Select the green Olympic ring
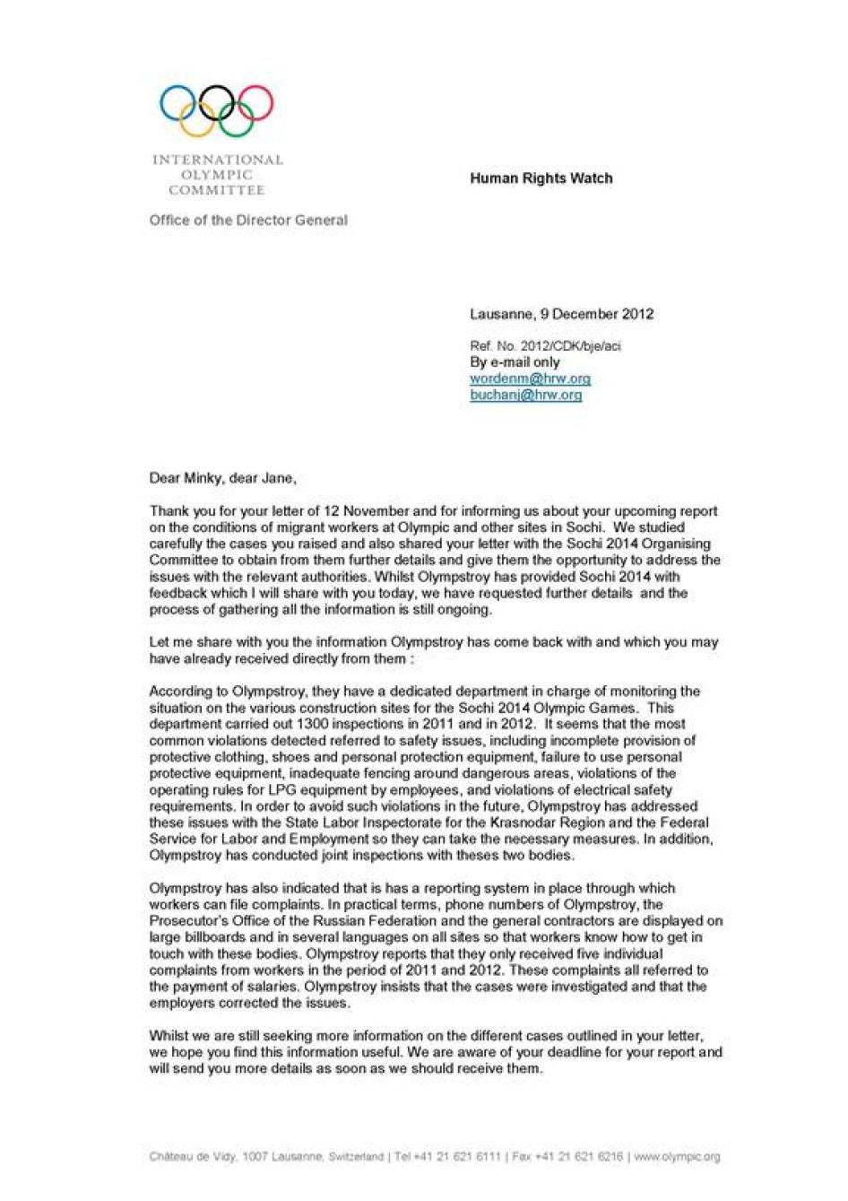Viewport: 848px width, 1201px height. pyautogui.click(x=236, y=120)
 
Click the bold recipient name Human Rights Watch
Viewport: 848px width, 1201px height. pyautogui.click(x=541, y=178)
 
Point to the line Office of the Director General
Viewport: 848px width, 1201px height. pyautogui.click(x=248, y=220)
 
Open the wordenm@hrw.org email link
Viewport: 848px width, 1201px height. pyautogui.click(x=530, y=379)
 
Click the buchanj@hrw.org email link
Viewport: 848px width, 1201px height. pyautogui.click(x=525, y=395)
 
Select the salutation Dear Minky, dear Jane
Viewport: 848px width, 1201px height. pyautogui.click(x=221, y=478)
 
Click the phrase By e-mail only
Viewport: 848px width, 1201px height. pyautogui.click(x=515, y=362)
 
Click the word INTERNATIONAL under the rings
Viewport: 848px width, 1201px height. pyautogui.click(x=217, y=161)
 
